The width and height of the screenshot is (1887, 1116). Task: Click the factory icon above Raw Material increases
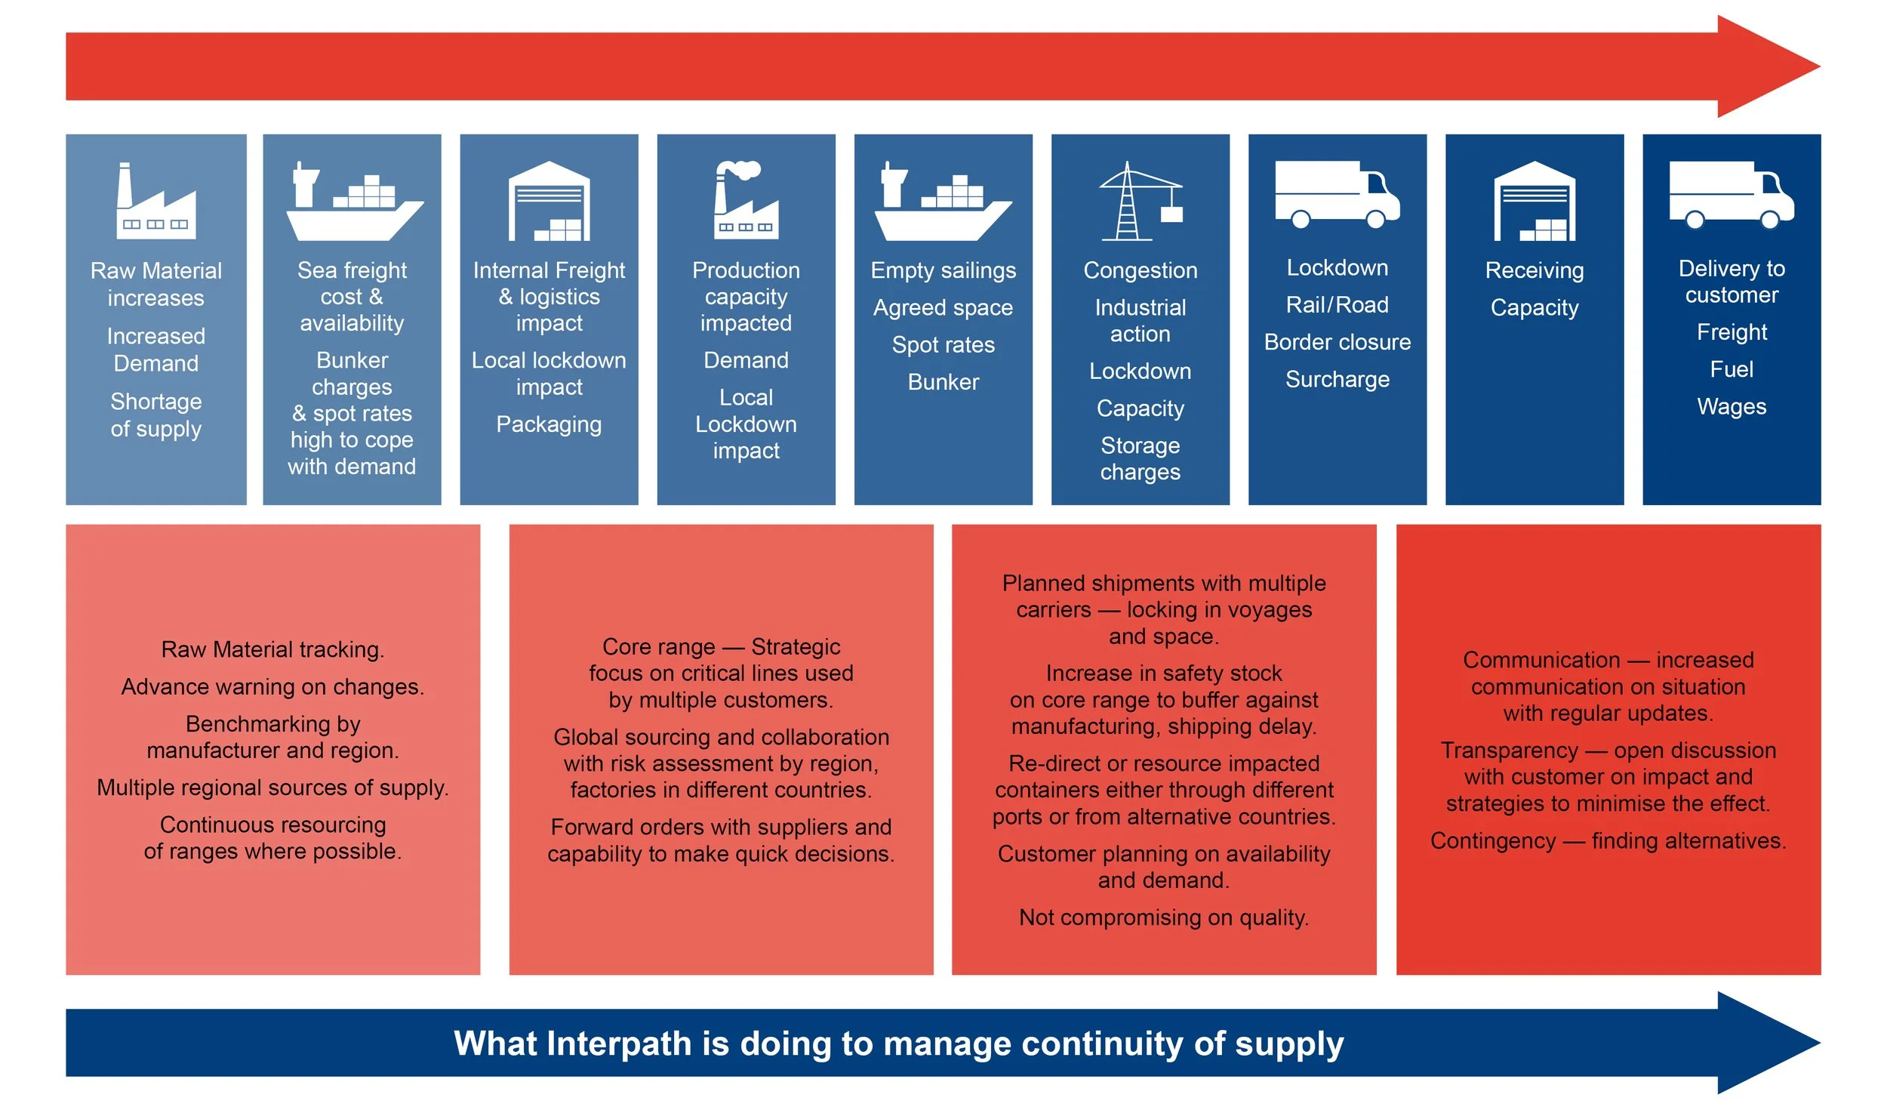pyautogui.click(x=155, y=201)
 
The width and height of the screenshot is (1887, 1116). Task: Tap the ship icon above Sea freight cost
pyautogui.click(x=352, y=202)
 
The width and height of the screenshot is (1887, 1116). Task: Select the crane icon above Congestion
pyautogui.click(x=1140, y=202)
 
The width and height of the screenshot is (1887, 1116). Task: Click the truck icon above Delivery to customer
pyautogui.click(x=1731, y=195)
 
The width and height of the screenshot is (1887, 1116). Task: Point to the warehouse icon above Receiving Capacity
pyautogui.click(x=1534, y=202)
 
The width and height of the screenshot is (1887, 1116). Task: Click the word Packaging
pyautogui.click(x=549, y=424)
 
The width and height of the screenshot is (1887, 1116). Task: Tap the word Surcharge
pyautogui.click(x=1337, y=379)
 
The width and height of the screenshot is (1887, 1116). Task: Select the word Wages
pyautogui.click(x=1732, y=406)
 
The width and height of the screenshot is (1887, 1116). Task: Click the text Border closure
pyautogui.click(x=1337, y=342)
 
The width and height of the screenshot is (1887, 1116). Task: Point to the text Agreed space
pyautogui.click(x=943, y=307)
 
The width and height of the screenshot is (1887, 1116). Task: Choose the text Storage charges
pyautogui.click(x=1140, y=458)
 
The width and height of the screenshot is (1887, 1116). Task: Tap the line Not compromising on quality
pyautogui.click(x=1163, y=917)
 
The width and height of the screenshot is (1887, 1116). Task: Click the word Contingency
pyautogui.click(x=1492, y=841)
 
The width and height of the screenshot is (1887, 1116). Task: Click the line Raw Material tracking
pyautogui.click(x=272, y=649)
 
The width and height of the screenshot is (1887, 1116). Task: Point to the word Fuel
pyautogui.click(x=1732, y=369)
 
